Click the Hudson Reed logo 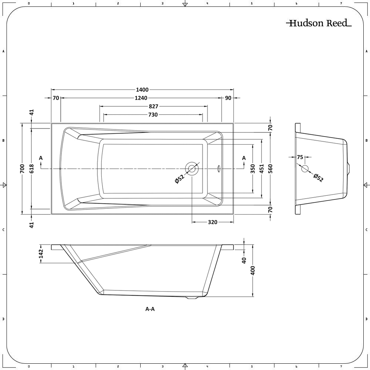tap(319, 23)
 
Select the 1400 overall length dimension tap(142, 90)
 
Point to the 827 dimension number tap(153, 106)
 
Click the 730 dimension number tap(153, 115)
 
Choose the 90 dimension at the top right tap(228, 98)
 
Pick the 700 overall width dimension tap(23, 169)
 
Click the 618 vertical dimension tap(31, 169)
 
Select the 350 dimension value tap(253, 169)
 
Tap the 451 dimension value tap(262, 169)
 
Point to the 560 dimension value tap(270, 169)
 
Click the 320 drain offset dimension tap(212, 222)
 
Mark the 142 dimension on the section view tap(41, 254)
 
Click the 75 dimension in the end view tap(300, 157)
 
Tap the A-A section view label tap(150, 309)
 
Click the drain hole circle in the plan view tap(192, 169)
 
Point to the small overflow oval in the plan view tap(219, 169)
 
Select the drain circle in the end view tap(305, 169)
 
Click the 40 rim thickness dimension tap(244, 260)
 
